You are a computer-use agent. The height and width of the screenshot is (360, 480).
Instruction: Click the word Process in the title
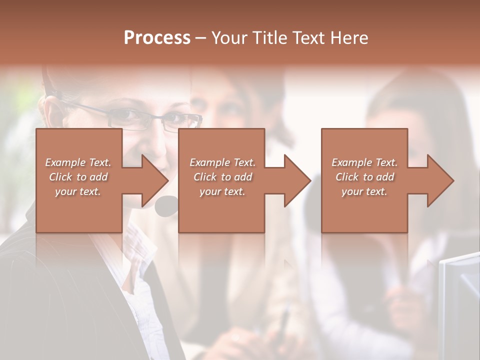click(157, 37)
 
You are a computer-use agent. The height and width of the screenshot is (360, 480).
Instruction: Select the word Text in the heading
click(306, 37)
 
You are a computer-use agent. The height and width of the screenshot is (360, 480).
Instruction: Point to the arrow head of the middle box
click(297, 180)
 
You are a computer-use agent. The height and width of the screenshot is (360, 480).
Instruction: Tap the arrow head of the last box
click(440, 180)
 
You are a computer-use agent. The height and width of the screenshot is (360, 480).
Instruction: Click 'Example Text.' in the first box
click(78, 162)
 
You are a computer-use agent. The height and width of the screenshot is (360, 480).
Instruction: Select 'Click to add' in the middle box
click(222, 177)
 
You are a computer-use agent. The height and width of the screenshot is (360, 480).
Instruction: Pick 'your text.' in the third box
click(364, 191)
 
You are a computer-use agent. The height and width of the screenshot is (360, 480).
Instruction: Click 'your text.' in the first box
click(78, 191)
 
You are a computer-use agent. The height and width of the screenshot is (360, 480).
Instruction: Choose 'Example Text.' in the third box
click(364, 162)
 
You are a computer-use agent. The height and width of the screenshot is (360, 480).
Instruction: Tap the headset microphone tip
click(166, 205)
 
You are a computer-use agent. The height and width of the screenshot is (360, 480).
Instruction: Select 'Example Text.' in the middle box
click(222, 162)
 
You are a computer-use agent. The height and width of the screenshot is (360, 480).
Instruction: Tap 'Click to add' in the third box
click(364, 177)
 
